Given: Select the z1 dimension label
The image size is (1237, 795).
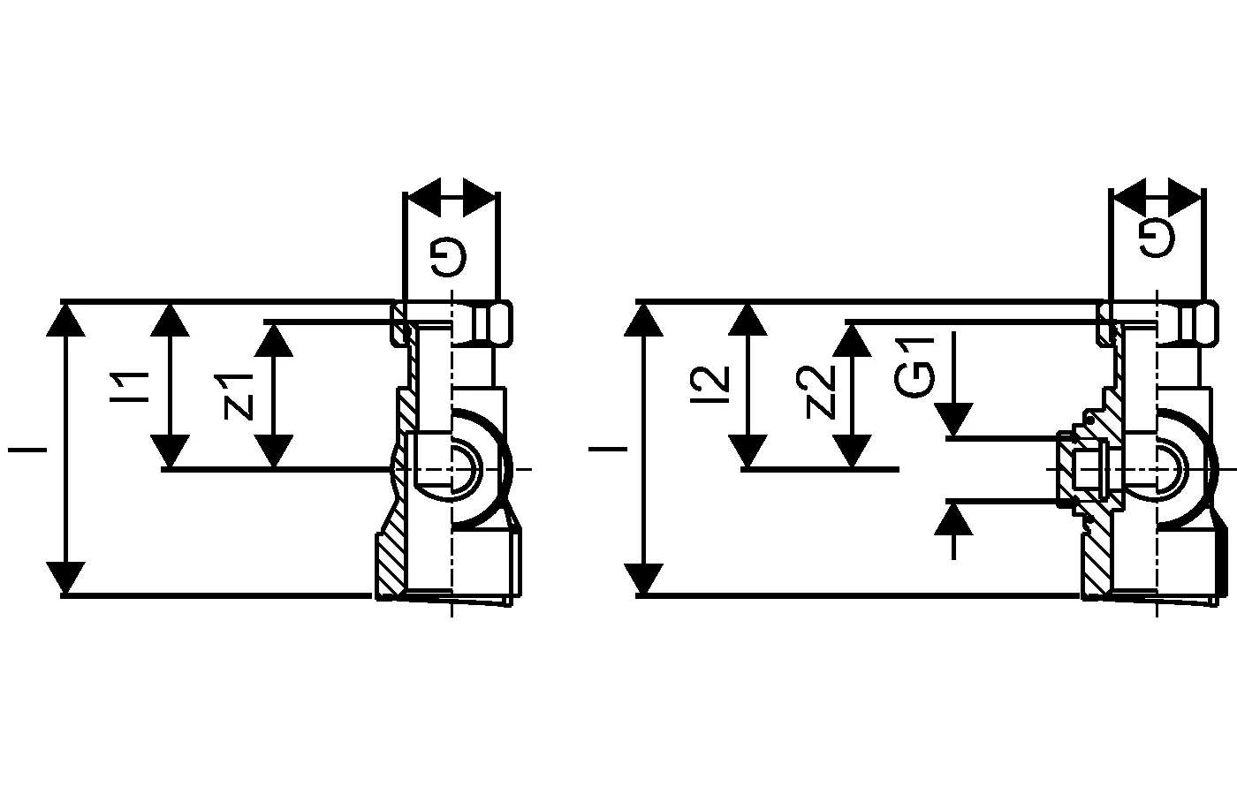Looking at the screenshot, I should [x=239, y=396].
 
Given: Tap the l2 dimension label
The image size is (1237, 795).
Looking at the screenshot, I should [x=712, y=379].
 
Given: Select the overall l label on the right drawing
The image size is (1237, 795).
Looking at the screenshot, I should [x=608, y=449].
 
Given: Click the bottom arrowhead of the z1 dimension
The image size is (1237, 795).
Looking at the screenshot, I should [x=277, y=451].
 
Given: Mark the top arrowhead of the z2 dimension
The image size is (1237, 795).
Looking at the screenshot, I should [x=852, y=339].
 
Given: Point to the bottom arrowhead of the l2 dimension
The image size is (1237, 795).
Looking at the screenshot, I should [x=748, y=451].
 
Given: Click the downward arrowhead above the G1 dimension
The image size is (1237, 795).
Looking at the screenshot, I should [x=953, y=420].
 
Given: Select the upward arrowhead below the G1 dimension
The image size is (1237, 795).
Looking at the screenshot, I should [x=953, y=519].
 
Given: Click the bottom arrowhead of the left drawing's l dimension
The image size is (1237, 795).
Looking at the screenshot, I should [x=65, y=578].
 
